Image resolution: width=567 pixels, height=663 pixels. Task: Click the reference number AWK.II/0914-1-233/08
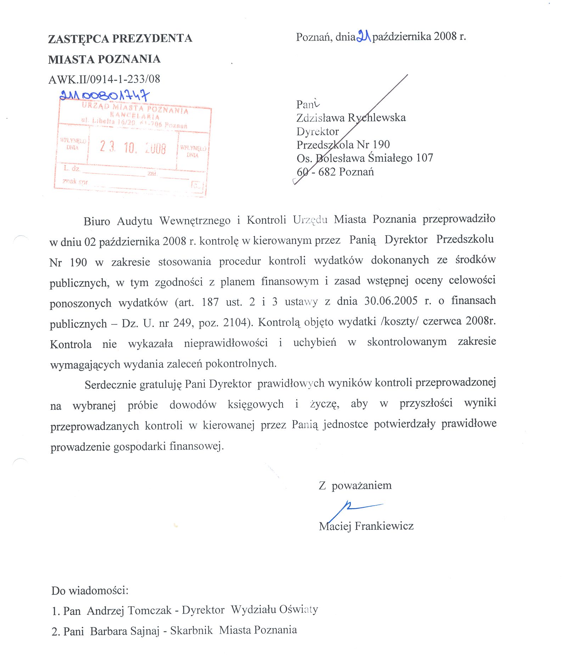click(x=104, y=79)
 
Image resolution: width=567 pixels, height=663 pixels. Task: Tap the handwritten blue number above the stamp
click(x=105, y=95)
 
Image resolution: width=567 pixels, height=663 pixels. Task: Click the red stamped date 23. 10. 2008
click(x=133, y=147)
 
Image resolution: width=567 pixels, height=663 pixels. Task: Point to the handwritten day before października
click(x=364, y=36)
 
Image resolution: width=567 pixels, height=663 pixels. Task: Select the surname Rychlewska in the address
click(x=376, y=117)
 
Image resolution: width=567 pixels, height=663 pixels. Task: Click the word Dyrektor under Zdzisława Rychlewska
click(x=318, y=131)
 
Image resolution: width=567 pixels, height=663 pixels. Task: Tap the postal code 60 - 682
click(x=316, y=172)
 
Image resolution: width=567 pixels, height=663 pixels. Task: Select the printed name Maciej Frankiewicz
click(x=366, y=526)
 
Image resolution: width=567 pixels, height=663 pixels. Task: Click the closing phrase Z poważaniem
click(x=355, y=485)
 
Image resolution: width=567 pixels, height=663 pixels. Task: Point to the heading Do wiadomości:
click(x=90, y=590)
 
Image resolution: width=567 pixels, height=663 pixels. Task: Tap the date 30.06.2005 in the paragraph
click(x=391, y=301)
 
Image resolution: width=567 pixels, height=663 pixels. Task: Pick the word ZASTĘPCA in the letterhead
click(x=79, y=39)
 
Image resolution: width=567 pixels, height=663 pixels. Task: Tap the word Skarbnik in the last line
click(x=191, y=630)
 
